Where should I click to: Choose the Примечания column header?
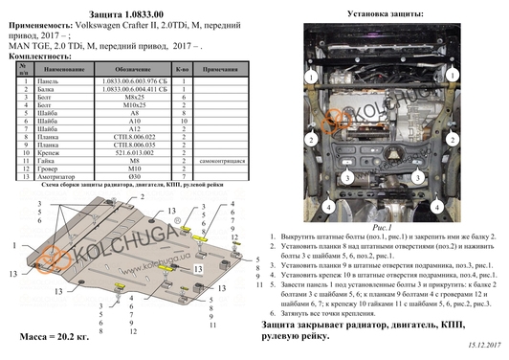220,71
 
